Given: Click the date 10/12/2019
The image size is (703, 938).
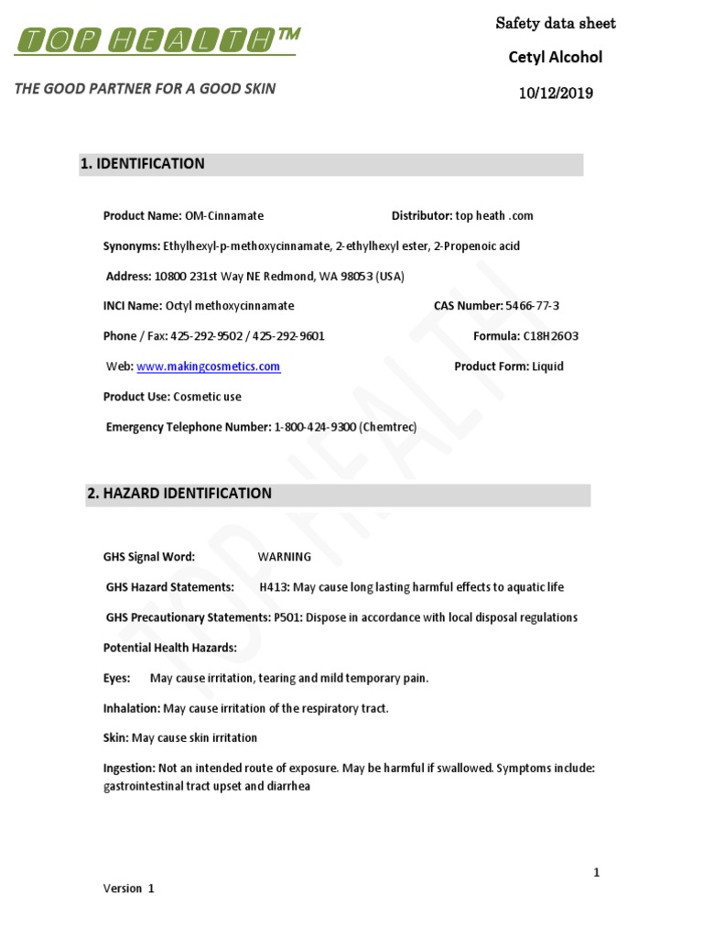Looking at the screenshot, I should [556, 93].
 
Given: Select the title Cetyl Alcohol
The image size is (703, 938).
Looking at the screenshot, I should [556, 58].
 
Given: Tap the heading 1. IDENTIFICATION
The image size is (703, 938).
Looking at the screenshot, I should [143, 164].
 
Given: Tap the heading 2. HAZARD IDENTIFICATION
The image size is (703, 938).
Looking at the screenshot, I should [179, 494].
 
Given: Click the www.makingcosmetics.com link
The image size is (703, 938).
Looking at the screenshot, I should [209, 366].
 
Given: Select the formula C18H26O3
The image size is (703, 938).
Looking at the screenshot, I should [550, 336].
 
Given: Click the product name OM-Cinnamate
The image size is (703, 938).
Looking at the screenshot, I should [223, 216].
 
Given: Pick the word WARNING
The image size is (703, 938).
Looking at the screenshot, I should [285, 557].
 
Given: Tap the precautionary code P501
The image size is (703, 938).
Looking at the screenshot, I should [287, 617].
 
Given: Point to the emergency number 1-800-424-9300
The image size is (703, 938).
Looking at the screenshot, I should [316, 427].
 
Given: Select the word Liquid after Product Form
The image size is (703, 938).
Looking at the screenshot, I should [547, 366].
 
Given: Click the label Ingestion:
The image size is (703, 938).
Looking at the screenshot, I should [129, 769].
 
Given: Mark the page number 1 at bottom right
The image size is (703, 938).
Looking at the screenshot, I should [597, 873].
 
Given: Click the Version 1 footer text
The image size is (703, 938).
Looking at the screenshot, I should [129, 889].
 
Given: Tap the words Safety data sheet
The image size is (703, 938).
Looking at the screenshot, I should [556, 24].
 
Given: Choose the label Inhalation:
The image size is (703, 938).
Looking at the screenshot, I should [132, 708].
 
